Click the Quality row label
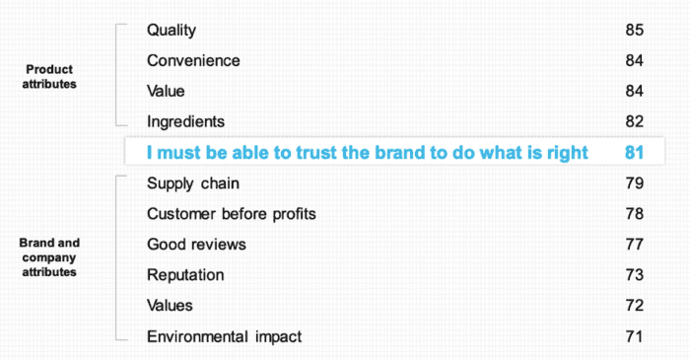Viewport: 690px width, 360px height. coord(172,31)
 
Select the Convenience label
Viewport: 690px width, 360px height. coord(193,61)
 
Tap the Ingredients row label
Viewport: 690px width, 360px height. coord(186,121)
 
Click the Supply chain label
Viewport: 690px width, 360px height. coord(193,183)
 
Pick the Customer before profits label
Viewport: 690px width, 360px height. coord(232,214)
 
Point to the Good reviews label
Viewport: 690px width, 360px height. coord(196,244)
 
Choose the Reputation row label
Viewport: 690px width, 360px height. coord(185,275)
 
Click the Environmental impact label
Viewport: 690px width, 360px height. coord(224,336)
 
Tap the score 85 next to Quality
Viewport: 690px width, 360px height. coord(634,31)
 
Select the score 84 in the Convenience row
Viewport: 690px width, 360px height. coord(634,61)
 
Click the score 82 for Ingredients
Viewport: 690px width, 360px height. coord(634,121)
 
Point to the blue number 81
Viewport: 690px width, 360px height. coord(634,153)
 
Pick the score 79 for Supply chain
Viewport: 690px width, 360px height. coord(634,183)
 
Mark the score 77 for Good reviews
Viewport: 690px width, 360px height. coord(634,244)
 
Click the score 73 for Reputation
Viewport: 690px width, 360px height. coord(634,275)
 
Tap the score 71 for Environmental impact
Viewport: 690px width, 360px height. coord(634,336)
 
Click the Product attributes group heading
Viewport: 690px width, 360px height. coord(48,77)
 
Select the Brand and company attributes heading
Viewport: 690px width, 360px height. coord(48,256)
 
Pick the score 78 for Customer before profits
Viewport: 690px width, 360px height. coord(634,214)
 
